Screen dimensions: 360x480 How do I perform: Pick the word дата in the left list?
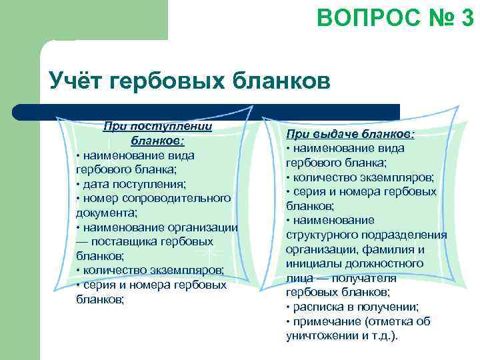[x=95, y=183]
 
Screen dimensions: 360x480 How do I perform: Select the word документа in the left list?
[x=105, y=213]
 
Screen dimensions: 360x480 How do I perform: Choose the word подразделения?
[x=406, y=235]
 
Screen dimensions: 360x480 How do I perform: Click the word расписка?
[x=315, y=307]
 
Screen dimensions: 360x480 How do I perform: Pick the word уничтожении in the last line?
[x=317, y=336]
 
